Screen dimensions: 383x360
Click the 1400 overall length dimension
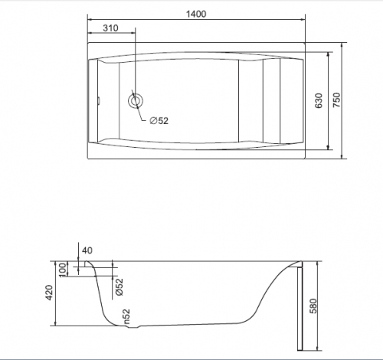[x=196, y=14]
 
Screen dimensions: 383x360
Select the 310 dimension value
[x=110, y=28]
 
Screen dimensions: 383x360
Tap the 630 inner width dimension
[x=319, y=101]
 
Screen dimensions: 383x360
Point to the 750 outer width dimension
[x=336, y=100]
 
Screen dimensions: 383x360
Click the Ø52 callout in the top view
[x=159, y=121]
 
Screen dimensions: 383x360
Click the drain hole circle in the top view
[x=135, y=101]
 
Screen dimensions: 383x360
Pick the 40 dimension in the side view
[x=87, y=250]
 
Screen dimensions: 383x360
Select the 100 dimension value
[x=63, y=270]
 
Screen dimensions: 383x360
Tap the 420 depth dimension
[x=49, y=293]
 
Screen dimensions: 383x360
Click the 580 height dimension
[x=313, y=306]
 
